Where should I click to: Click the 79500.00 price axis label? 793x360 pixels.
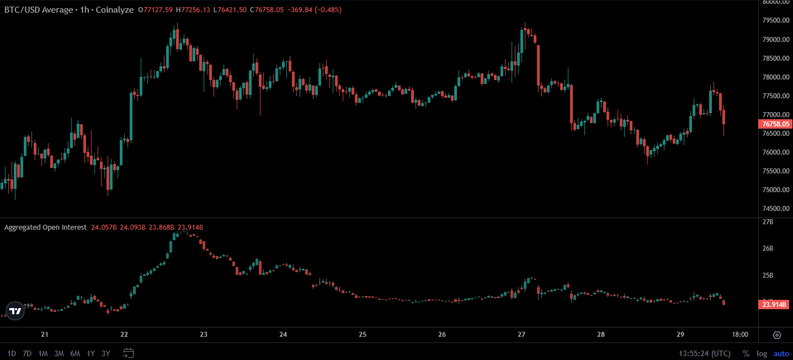pos(776,20)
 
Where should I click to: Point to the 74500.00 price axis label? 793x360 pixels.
pos(776,209)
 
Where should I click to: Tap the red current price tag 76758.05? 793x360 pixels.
pos(775,124)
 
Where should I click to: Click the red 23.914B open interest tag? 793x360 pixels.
pos(774,305)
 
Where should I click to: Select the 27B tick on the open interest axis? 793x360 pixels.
pos(768,222)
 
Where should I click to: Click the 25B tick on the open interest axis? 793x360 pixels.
pos(768,276)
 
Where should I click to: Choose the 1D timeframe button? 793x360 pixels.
pos(12,353)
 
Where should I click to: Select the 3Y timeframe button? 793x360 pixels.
pos(106,353)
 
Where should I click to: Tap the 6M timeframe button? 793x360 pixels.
pos(75,353)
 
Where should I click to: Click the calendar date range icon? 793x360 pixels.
pos(129,353)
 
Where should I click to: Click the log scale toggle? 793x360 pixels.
pos(762,353)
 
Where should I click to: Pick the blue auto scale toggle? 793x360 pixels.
pos(781,353)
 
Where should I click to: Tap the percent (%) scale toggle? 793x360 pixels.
pos(746,353)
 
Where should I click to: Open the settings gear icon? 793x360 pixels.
pos(776,335)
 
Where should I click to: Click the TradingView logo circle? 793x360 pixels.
pos(15,311)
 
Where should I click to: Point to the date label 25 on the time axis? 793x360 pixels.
pos(363,335)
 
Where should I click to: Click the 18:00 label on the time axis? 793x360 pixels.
pos(740,335)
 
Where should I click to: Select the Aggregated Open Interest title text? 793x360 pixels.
pos(45,227)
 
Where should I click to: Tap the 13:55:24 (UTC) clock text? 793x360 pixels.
pos(705,353)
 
